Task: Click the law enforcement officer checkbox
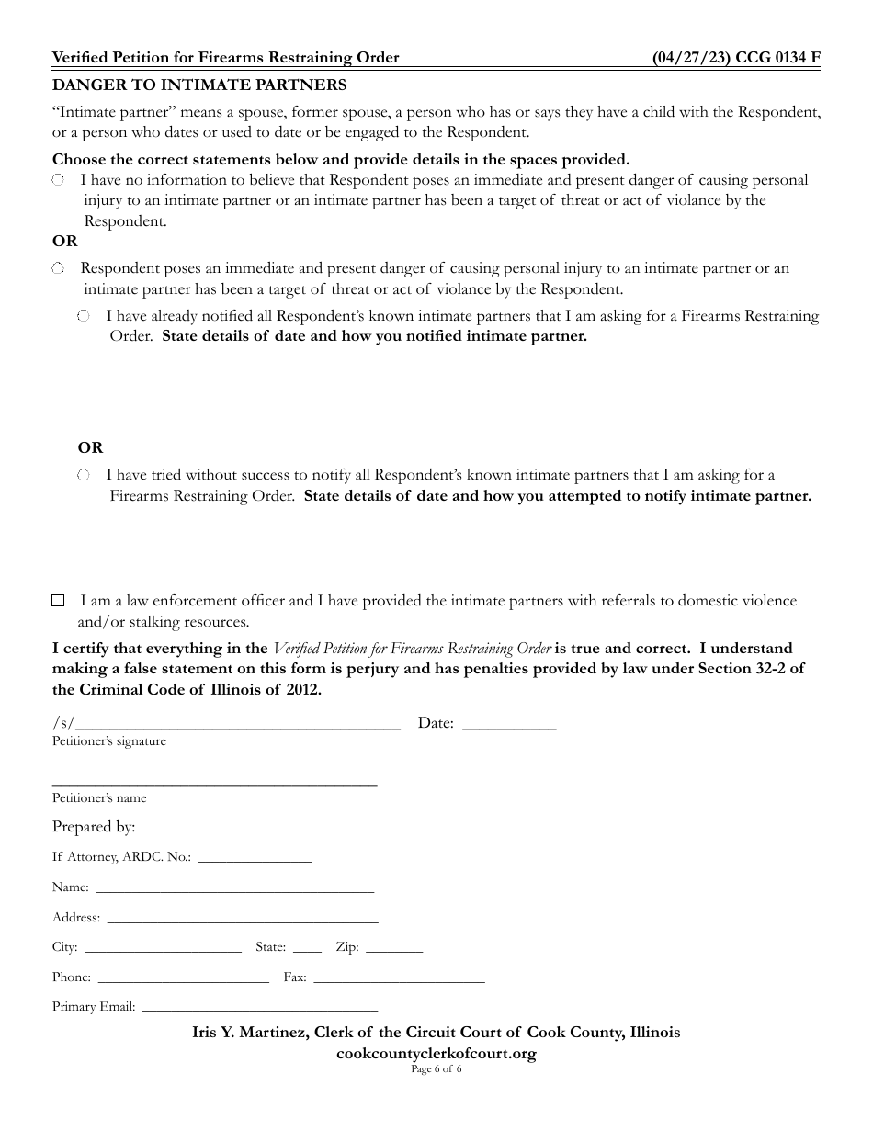(x=58, y=601)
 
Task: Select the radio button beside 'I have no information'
(x=58, y=180)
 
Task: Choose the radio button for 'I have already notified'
(x=84, y=316)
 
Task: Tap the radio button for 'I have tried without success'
(x=84, y=475)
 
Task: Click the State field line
(x=307, y=948)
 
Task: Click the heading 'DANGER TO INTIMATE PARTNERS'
(x=199, y=85)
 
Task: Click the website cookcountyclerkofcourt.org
(x=436, y=1054)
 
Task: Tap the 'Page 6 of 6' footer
(x=436, y=1069)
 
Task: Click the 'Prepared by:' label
(x=94, y=827)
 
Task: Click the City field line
(x=162, y=948)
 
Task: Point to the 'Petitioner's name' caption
(x=99, y=798)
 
